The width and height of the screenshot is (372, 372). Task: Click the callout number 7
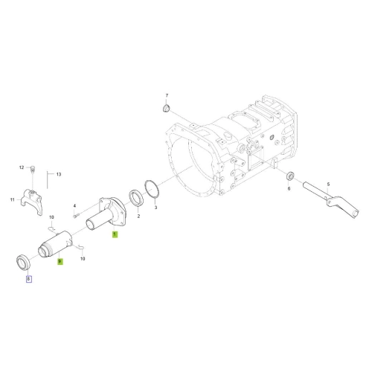tap(167, 95)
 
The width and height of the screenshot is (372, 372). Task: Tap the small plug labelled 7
tap(166, 109)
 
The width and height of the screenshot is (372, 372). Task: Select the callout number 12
tap(22, 167)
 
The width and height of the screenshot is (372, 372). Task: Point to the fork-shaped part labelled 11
tap(32, 202)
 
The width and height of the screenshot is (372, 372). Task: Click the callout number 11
tap(13, 199)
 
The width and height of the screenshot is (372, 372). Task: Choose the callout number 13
tap(59, 174)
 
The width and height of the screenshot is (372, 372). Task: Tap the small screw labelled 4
tap(75, 216)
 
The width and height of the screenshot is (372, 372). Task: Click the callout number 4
tap(74, 206)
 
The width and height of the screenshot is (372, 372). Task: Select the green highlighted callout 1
tap(115, 234)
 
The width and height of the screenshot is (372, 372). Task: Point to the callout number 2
tap(138, 217)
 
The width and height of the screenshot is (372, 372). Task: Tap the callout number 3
tap(155, 208)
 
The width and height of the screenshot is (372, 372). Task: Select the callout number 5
tap(328, 185)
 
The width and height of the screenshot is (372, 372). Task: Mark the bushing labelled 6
tap(290, 176)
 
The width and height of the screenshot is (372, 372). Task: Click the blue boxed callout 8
tap(29, 279)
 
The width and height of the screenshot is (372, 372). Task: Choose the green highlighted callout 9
tap(60, 261)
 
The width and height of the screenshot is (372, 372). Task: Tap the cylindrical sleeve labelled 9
tap(55, 244)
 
